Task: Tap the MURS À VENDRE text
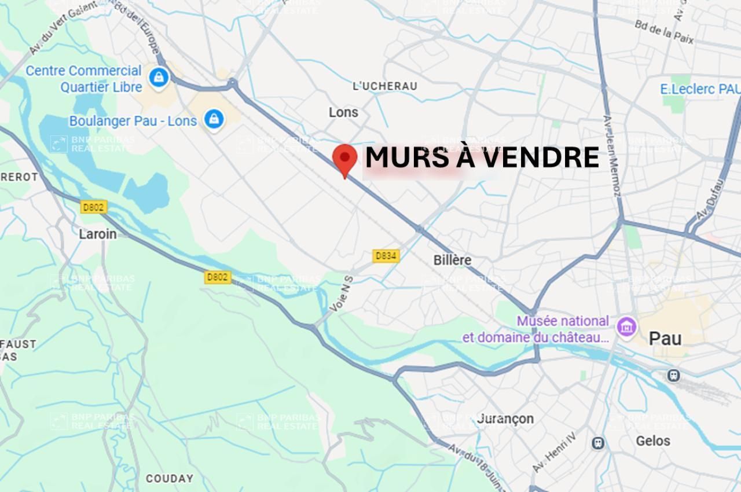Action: (482, 157)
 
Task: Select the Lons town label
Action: (343, 112)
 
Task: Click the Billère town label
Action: (452, 260)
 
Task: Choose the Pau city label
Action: (665, 338)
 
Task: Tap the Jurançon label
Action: (506, 418)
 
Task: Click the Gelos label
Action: (653, 441)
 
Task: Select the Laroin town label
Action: (97, 234)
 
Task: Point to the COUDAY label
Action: (170, 479)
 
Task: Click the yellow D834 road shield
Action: (386, 255)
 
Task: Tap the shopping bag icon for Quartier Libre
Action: (157, 76)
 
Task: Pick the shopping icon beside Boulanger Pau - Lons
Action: (214, 119)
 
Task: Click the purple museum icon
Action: (626, 326)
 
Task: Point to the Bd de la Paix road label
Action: (664, 32)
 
